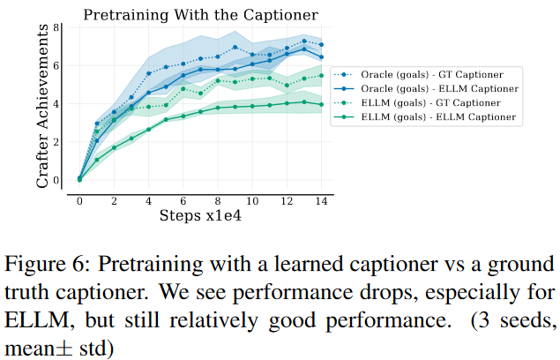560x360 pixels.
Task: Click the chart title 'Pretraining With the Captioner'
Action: pos(200,14)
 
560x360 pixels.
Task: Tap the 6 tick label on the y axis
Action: pos(56,65)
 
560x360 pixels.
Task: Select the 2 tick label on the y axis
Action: pos(56,141)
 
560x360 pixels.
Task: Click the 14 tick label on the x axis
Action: pos(321,200)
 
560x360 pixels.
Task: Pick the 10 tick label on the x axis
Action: pos(252,200)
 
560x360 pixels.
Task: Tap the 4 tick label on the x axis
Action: pos(148,200)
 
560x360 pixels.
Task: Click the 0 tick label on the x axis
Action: pos(79,200)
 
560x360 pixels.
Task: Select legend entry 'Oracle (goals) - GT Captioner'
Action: pos(442,75)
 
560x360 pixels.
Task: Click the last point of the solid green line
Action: pos(321,104)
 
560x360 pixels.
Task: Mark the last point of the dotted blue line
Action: pos(321,44)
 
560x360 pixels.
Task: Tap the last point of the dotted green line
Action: pos(321,76)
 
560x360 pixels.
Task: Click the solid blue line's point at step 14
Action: pos(321,56)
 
